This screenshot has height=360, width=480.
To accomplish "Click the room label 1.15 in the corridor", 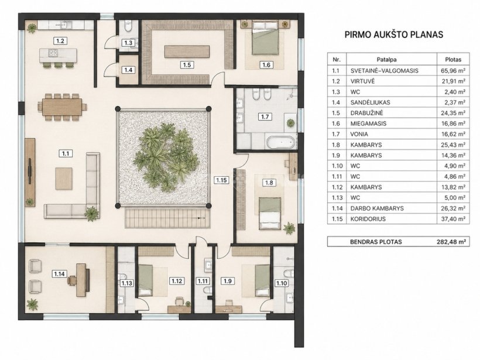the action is pos(221,180).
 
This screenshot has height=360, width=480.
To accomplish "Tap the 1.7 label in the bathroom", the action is pos(265,116).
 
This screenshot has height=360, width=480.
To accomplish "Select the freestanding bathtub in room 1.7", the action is pos(281,143).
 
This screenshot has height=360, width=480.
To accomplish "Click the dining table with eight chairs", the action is pos(62,107).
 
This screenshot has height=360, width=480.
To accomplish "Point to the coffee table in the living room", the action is pos(64,179).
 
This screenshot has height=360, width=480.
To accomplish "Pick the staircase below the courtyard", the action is pos(168,217).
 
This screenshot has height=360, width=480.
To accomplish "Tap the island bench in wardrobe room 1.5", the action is pos(187,52).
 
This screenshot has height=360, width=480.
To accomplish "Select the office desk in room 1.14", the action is pos(83,280).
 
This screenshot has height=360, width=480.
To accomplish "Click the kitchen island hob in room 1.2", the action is pos(54,53).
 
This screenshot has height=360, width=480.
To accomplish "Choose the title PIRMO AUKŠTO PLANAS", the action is pos(394,35).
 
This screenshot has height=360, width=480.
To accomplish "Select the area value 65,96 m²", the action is pos(451,71).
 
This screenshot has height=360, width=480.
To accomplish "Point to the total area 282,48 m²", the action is pos(451,242).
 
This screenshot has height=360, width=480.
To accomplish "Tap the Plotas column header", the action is pos(452,60).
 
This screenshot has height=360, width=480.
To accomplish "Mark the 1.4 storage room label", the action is pos(128,70).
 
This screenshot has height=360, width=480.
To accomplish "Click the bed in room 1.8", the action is pos(270,214).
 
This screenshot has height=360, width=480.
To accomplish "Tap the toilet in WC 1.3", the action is pos(128,26).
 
